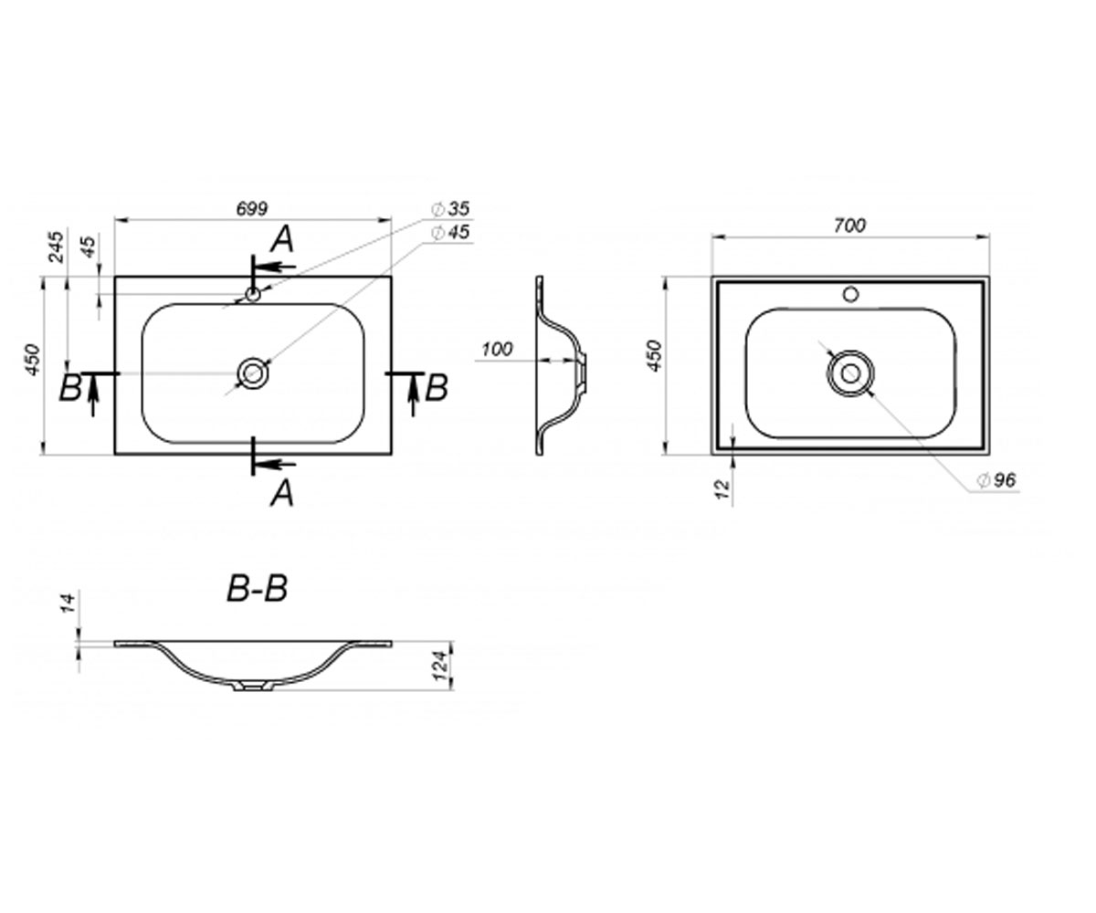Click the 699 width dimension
[x=252, y=208]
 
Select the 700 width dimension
[x=849, y=226]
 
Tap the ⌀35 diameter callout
[x=450, y=209]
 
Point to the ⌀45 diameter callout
[x=450, y=232]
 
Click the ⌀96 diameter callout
[x=996, y=479]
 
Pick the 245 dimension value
[x=56, y=247]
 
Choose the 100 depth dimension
[x=497, y=349]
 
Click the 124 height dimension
[x=440, y=666]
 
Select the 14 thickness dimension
[x=68, y=602]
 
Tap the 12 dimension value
[x=722, y=489]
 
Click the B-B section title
[x=258, y=589]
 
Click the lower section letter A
[x=282, y=493]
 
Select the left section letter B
[x=70, y=388]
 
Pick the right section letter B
[x=437, y=388]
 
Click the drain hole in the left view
[x=253, y=373]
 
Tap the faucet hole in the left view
[x=252, y=294]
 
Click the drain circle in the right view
[x=850, y=373]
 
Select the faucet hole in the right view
[x=851, y=294]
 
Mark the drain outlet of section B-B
[x=253, y=686]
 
